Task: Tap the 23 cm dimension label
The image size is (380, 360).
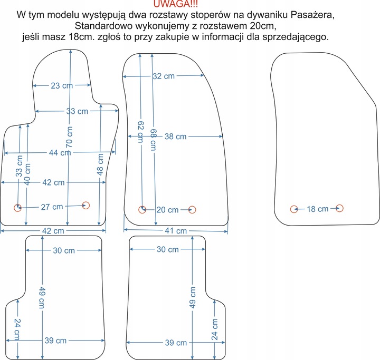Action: [x=62, y=86]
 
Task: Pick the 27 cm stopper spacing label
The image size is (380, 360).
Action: [x=52, y=207]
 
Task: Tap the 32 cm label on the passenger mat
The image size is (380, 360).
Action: [x=164, y=76]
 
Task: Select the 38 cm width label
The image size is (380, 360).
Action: [x=175, y=137]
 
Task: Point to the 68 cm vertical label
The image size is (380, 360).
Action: [x=153, y=140]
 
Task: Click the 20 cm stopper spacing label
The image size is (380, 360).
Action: [x=168, y=210]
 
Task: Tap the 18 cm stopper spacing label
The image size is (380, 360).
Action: [x=318, y=209]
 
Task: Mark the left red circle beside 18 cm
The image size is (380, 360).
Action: [x=294, y=209]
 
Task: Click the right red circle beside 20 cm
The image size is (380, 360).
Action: [x=192, y=210]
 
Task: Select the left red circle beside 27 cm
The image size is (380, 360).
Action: [x=17, y=207]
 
